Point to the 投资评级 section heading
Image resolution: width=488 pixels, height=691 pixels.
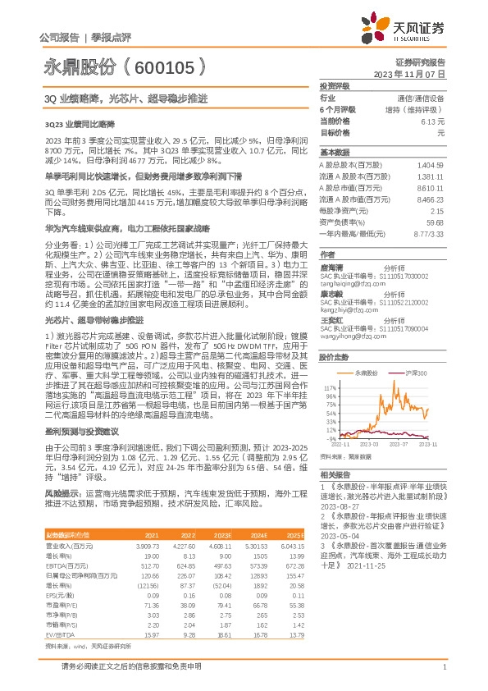(335, 85)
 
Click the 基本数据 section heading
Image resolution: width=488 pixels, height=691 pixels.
(335, 153)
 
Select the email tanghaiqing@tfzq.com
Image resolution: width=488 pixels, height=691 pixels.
(349, 288)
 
